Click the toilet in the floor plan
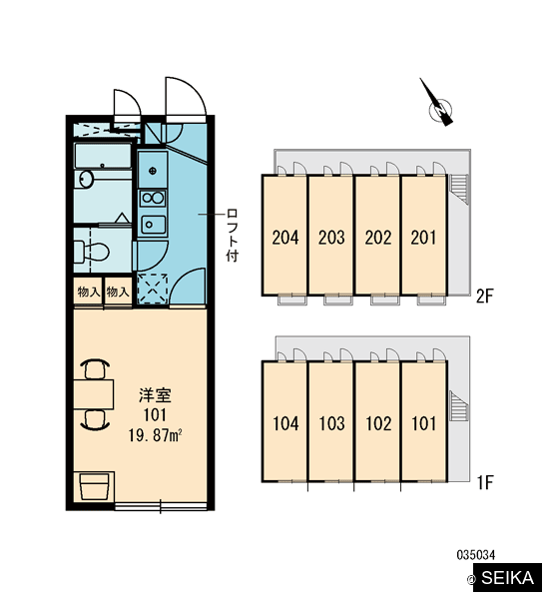pos(92,251)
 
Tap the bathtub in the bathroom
pos(103,156)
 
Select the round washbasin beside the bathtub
pos(86,179)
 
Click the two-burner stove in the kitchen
pos(153,199)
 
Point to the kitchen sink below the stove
pos(153,225)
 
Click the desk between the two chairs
pos(94,394)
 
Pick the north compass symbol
pos(438,105)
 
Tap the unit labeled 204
pos(284,236)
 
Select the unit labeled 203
pos(331,236)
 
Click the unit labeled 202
pos(378,236)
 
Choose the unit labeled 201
pos(424,236)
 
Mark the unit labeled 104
pos(284,421)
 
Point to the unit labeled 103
pos(331,421)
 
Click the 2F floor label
pos(484,296)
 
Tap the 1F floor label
pos(485,482)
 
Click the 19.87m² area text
pos(155,435)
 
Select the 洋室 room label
pos(155,395)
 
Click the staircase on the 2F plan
pos(459,189)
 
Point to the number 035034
pos(476,555)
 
